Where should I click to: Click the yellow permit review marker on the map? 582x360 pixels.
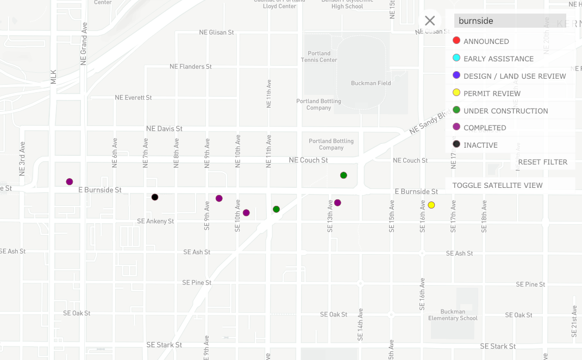[x=431, y=205]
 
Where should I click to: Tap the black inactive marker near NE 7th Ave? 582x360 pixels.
[x=155, y=197]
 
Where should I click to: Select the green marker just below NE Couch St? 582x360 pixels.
[x=343, y=175]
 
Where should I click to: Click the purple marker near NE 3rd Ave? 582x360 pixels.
[x=70, y=181]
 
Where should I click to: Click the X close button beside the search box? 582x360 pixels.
[x=430, y=21]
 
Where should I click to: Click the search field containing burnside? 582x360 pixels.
[x=510, y=21]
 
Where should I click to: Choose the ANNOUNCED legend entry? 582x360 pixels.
[x=486, y=41]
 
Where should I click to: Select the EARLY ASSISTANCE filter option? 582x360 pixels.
[x=498, y=59]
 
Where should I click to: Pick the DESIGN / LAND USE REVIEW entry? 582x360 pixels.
[x=514, y=76]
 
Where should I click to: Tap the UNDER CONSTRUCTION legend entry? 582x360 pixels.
[x=505, y=111]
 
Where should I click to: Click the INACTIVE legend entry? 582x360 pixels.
[x=480, y=145]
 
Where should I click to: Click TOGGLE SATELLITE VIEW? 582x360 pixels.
[x=497, y=185]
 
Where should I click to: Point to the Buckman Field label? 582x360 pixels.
[x=371, y=83]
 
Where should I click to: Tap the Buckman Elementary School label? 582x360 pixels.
[x=453, y=315]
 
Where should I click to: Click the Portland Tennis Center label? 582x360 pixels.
[x=319, y=56]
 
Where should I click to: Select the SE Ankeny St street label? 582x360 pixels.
[x=155, y=221]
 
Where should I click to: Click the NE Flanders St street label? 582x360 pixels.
[x=191, y=66]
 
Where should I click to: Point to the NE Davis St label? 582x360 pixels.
[x=164, y=129]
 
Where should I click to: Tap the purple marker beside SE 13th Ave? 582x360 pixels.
[x=337, y=203]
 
